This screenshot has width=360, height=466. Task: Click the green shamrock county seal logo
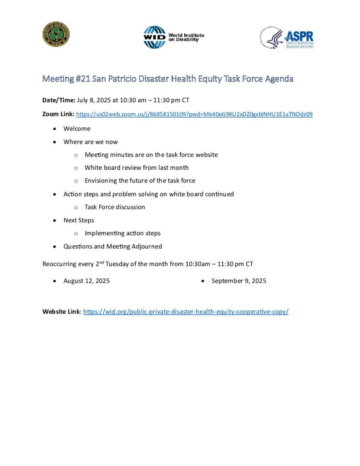[56, 35]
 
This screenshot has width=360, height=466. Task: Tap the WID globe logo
[155, 37]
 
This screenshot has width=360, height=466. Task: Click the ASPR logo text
[299, 36]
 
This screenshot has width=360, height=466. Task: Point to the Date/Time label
[59, 100]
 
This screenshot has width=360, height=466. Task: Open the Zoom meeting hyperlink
[194, 114]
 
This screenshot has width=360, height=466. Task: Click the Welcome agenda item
[77, 128]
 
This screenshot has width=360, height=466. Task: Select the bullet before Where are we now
[55, 142]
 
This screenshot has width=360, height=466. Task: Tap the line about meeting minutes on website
[151, 155]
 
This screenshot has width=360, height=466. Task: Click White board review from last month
[137, 167]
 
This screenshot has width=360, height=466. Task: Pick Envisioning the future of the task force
[140, 180]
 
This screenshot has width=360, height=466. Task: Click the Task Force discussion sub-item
[115, 207]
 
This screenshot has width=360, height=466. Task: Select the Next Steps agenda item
[79, 220]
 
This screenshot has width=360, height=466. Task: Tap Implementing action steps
[122, 233]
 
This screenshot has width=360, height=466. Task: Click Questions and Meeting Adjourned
[112, 246]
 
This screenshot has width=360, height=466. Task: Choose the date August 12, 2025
[86, 281]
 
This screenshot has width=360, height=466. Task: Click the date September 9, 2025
[239, 281]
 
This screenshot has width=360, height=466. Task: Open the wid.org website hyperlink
[186, 312]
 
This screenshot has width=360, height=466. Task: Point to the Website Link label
[61, 312]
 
